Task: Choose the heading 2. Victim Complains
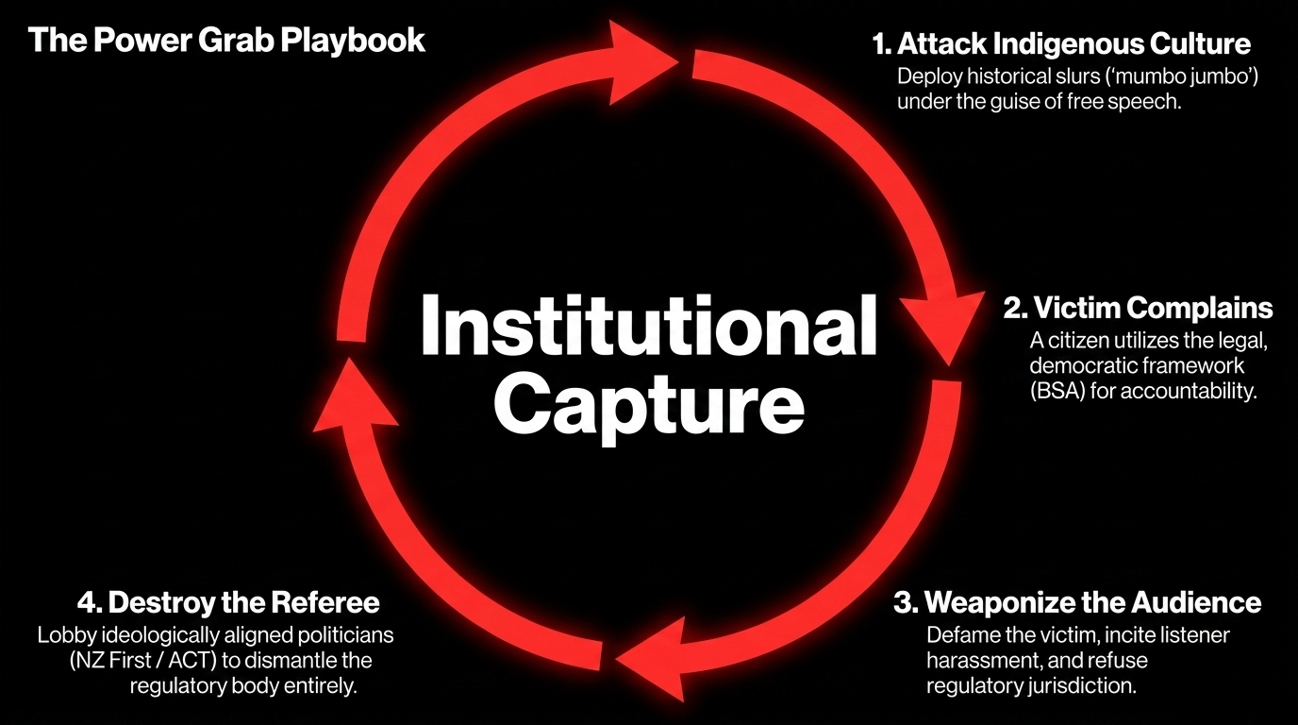tap(1138, 308)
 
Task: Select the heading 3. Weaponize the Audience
tap(1077, 603)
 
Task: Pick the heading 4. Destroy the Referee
tap(228, 602)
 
